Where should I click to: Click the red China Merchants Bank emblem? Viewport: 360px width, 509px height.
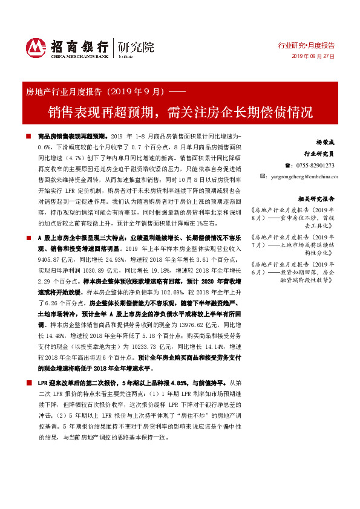36,47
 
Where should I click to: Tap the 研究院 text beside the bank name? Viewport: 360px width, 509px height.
136,46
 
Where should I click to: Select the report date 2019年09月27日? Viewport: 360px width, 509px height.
313,56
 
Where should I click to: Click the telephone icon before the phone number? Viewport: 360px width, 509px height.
287,165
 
